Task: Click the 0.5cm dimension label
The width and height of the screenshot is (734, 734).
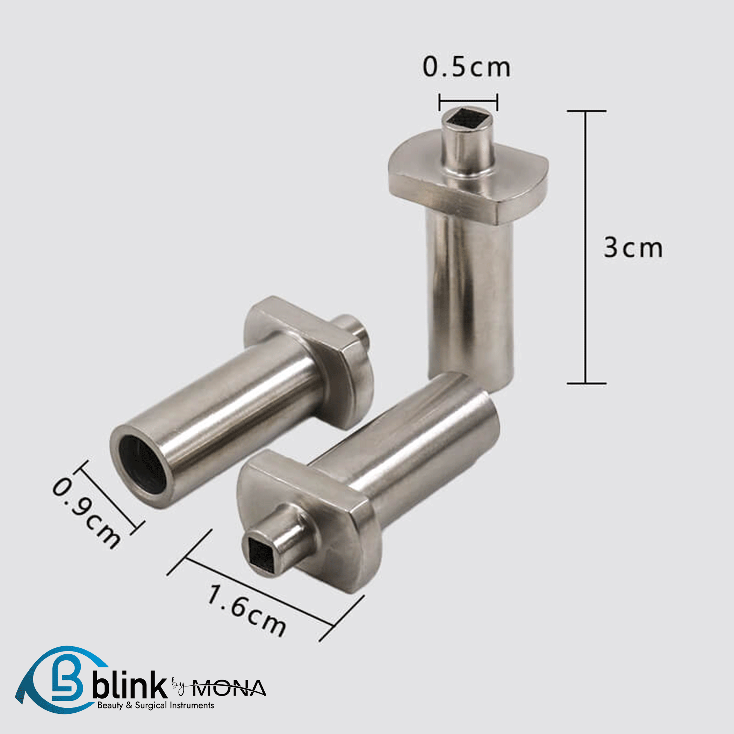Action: [467, 67]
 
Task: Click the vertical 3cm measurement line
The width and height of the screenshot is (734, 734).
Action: [585, 247]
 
